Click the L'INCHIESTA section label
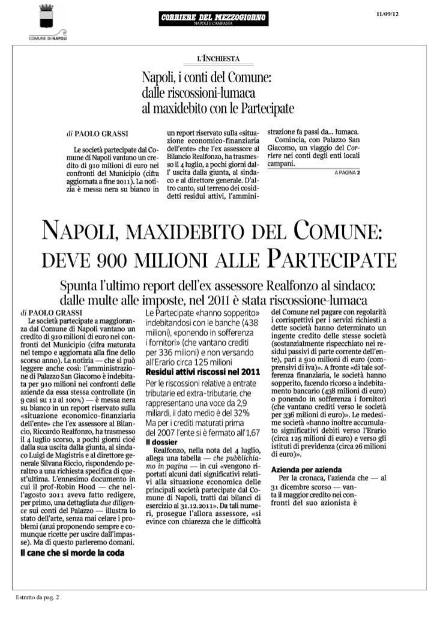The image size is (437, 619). (218, 58)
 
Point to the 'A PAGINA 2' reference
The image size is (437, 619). (345, 172)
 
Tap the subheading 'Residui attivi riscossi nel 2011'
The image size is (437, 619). (202, 373)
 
